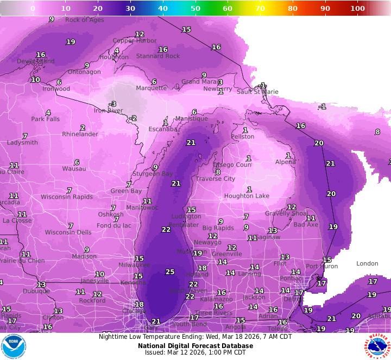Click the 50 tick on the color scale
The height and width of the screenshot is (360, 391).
[x=195, y=9]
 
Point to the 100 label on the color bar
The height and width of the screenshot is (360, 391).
[x=357, y=9]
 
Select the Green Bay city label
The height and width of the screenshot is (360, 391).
[x=126, y=191]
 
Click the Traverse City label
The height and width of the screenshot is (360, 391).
[x=216, y=179]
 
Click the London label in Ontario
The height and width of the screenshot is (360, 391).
[x=367, y=264]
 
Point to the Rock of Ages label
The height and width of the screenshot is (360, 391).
[x=84, y=20]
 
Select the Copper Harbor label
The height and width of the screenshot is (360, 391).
[x=134, y=41]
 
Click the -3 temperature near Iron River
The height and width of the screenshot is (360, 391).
[x=112, y=104]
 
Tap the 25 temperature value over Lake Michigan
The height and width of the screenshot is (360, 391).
[x=170, y=271]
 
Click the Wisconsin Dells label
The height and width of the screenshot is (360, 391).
[x=68, y=232]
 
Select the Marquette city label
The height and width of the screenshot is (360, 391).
[x=151, y=88]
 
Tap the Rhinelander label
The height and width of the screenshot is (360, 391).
[x=80, y=134]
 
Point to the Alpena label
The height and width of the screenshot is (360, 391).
[x=286, y=162]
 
